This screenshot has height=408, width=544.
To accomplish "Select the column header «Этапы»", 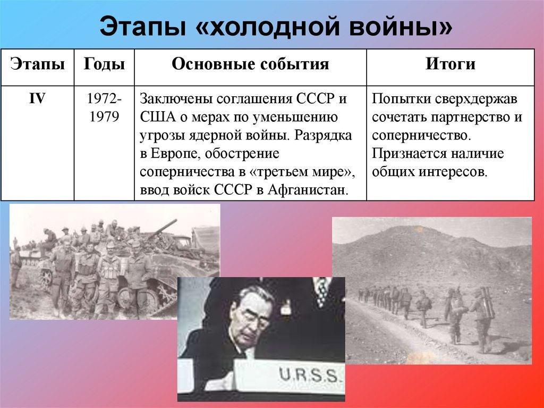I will click(x=37, y=64).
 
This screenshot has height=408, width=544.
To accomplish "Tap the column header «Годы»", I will click(x=104, y=64).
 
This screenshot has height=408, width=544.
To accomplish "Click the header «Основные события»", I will click(x=250, y=64).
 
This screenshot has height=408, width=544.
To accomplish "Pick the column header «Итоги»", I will click(x=450, y=64).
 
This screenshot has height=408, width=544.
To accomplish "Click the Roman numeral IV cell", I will click(x=37, y=99).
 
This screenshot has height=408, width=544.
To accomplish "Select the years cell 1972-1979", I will click(x=104, y=108).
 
